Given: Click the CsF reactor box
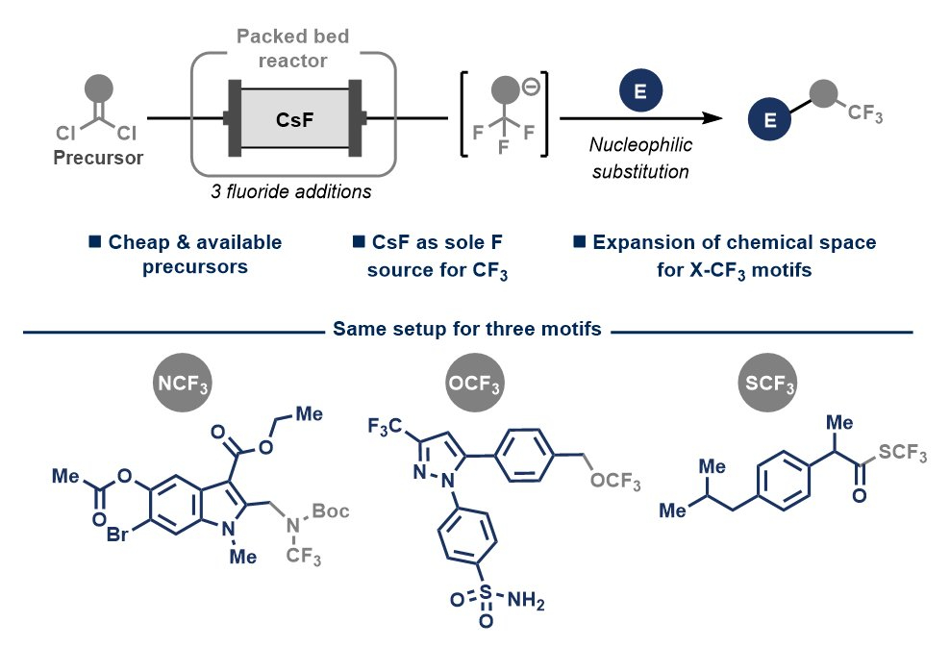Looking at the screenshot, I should (292, 118).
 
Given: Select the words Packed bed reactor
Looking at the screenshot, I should (293, 49).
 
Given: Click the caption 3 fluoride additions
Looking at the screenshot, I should (290, 189).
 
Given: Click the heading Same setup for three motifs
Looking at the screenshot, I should (467, 330).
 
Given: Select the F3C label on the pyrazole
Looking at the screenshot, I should (387, 425).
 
